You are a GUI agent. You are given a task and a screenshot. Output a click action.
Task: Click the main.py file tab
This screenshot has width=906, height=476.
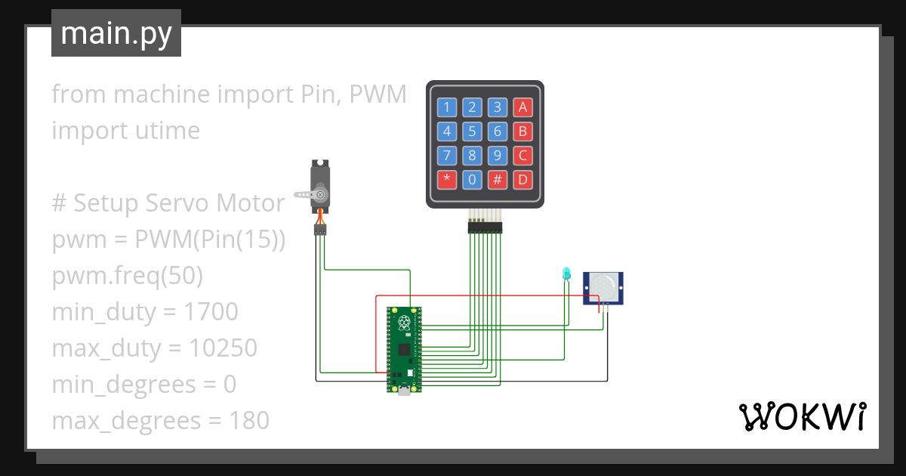point(116,33)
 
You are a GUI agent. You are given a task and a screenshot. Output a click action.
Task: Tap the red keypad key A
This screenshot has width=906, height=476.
point(522,107)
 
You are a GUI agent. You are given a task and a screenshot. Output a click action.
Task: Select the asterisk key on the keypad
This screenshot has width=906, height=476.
point(447,181)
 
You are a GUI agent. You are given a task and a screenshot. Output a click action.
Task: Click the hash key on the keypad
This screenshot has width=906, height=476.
point(497,181)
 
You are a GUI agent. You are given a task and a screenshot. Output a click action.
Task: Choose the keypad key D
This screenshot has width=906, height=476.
point(522,181)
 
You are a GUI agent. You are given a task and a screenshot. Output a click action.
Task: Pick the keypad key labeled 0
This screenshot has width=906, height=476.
point(472,181)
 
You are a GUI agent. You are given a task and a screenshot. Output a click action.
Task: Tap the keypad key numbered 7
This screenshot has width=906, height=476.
point(447,156)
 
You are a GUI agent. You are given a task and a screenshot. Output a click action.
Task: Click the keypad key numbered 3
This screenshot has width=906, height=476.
point(497,107)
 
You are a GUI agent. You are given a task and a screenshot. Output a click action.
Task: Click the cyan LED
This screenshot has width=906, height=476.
point(566,274)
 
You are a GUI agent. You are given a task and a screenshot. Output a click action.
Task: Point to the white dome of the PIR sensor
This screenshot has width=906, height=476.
point(604,286)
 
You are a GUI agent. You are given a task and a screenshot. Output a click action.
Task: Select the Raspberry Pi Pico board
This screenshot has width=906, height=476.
point(405,350)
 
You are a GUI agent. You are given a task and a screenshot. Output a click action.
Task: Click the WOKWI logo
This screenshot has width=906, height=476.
point(801,416)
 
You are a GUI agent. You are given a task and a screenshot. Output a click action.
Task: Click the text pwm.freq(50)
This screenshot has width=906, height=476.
point(128,276)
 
